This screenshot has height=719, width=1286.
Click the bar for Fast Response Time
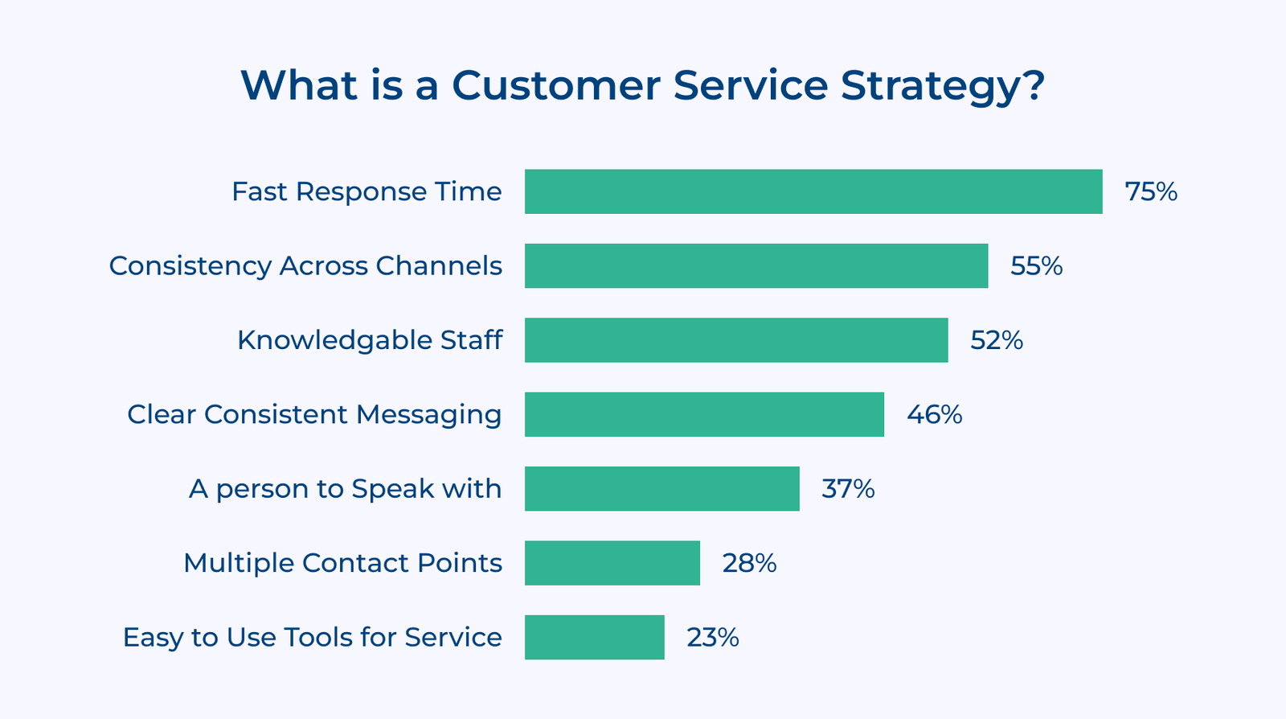coord(813,191)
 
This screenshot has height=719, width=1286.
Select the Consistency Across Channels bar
coord(756,265)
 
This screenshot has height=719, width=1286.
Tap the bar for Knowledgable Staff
coord(736,340)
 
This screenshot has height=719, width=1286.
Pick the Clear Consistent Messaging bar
coord(704,414)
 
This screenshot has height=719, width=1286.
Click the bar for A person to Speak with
coord(662,488)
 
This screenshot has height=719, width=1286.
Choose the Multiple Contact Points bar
coord(612,563)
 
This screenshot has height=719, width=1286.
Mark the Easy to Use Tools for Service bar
coord(595,637)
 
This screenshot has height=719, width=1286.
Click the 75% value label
coord(1151,191)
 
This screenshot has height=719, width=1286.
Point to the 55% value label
coord(1036,265)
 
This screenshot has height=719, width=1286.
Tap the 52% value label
coord(997,340)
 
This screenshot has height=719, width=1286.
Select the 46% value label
coord(934,414)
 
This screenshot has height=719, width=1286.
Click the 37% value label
coord(848,488)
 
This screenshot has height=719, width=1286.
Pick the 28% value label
coord(749,563)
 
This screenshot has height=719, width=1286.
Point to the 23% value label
coord(712,637)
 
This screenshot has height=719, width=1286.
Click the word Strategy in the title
coord(942,85)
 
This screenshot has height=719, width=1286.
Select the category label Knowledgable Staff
coord(370,340)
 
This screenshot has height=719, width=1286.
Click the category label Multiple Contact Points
coord(342,563)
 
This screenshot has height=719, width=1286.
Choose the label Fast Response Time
coord(367,191)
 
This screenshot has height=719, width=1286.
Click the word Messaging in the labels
coord(428,415)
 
